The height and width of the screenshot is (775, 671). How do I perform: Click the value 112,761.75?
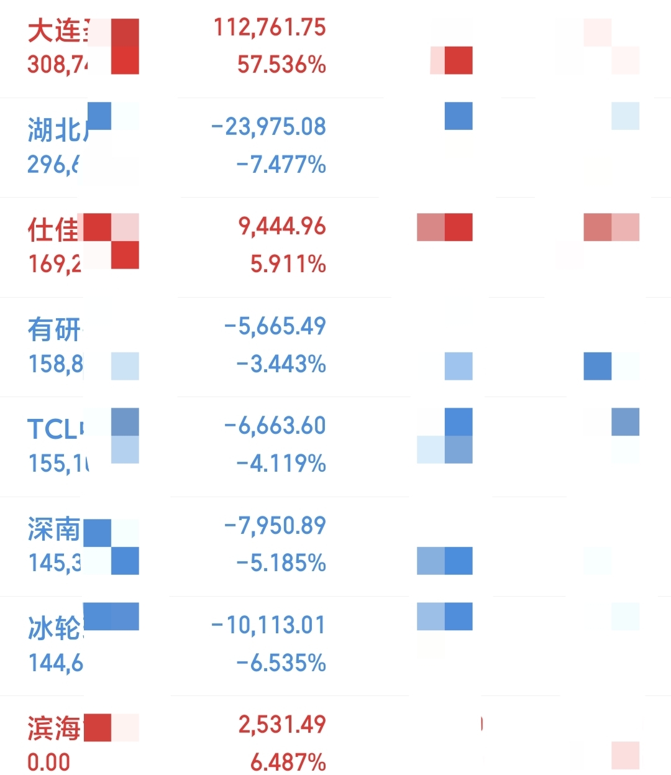click(270, 27)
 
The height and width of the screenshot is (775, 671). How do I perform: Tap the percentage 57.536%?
click(281, 65)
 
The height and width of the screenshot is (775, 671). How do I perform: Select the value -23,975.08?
click(268, 127)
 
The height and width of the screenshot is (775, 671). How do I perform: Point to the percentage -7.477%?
click(281, 165)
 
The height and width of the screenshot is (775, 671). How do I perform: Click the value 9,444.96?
click(282, 227)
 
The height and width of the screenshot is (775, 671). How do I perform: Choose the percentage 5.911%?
click(288, 264)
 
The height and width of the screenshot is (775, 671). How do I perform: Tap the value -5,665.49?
click(275, 326)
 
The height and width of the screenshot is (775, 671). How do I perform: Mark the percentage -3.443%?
click(281, 364)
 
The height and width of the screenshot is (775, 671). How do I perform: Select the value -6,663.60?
click(275, 426)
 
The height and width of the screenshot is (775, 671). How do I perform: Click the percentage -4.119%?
click(281, 464)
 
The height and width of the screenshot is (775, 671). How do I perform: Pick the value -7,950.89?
click(275, 526)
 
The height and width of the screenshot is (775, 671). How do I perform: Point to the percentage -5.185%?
click(281, 563)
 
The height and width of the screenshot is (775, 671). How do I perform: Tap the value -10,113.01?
click(268, 625)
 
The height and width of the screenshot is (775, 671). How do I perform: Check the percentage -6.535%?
click(281, 663)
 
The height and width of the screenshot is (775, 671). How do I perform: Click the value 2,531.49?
click(282, 725)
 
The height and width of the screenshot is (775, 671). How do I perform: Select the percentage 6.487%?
click(288, 762)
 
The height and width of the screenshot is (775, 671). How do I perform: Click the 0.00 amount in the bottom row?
click(48, 762)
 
